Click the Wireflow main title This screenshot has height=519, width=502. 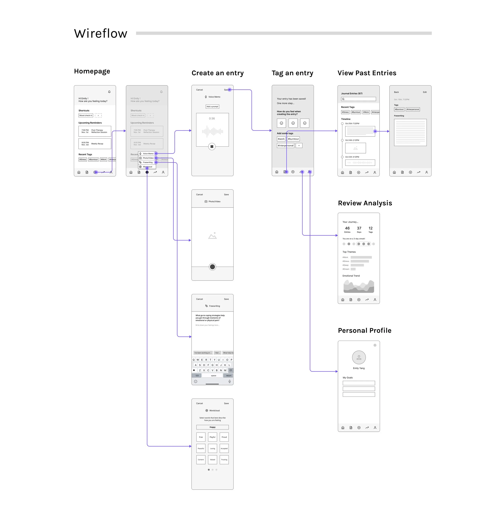point(101,34)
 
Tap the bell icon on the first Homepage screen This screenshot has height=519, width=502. point(109,92)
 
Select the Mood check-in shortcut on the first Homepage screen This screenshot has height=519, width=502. point(86,115)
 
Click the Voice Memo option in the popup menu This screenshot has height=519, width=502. point(148,154)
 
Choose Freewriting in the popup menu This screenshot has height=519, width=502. point(148,162)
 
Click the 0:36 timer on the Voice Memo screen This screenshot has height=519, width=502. point(212,119)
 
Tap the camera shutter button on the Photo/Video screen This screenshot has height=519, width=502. point(212,267)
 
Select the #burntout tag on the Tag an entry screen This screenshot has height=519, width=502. point(293,139)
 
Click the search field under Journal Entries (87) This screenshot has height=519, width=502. point(358,99)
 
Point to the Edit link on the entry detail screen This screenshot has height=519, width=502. point(425,92)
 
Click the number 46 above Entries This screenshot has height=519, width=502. point(347,228)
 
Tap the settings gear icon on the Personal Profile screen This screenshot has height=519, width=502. point(375,345)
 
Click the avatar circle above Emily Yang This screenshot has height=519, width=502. point(359,358)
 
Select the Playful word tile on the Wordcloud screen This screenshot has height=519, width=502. point(212,437)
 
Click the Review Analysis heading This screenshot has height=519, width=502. point(365,203)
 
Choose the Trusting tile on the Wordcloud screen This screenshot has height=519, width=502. point(224,460)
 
